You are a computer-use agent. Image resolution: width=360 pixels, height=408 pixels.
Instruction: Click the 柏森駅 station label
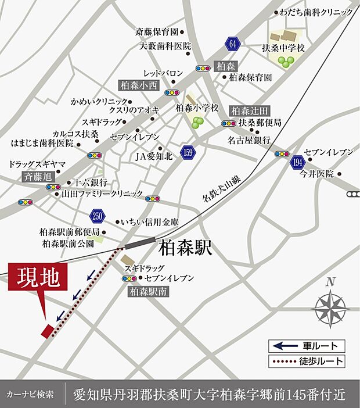[x=186, y=249]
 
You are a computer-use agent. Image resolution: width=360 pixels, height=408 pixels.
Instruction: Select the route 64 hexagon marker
[x=233, y=44]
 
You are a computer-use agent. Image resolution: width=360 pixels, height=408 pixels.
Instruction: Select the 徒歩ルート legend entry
[x=308, y=362]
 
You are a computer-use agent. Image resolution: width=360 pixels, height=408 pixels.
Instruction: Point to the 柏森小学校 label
[x=197, y=109]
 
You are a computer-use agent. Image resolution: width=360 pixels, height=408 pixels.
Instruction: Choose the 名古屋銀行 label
[x=249, y=140]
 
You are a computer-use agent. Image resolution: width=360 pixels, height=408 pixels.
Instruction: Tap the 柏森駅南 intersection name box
[x=148, y=292]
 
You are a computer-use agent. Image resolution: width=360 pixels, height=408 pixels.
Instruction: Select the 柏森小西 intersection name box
[x=139, y=84]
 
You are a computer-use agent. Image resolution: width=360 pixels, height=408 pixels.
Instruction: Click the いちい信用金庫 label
[x=150, y=222]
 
